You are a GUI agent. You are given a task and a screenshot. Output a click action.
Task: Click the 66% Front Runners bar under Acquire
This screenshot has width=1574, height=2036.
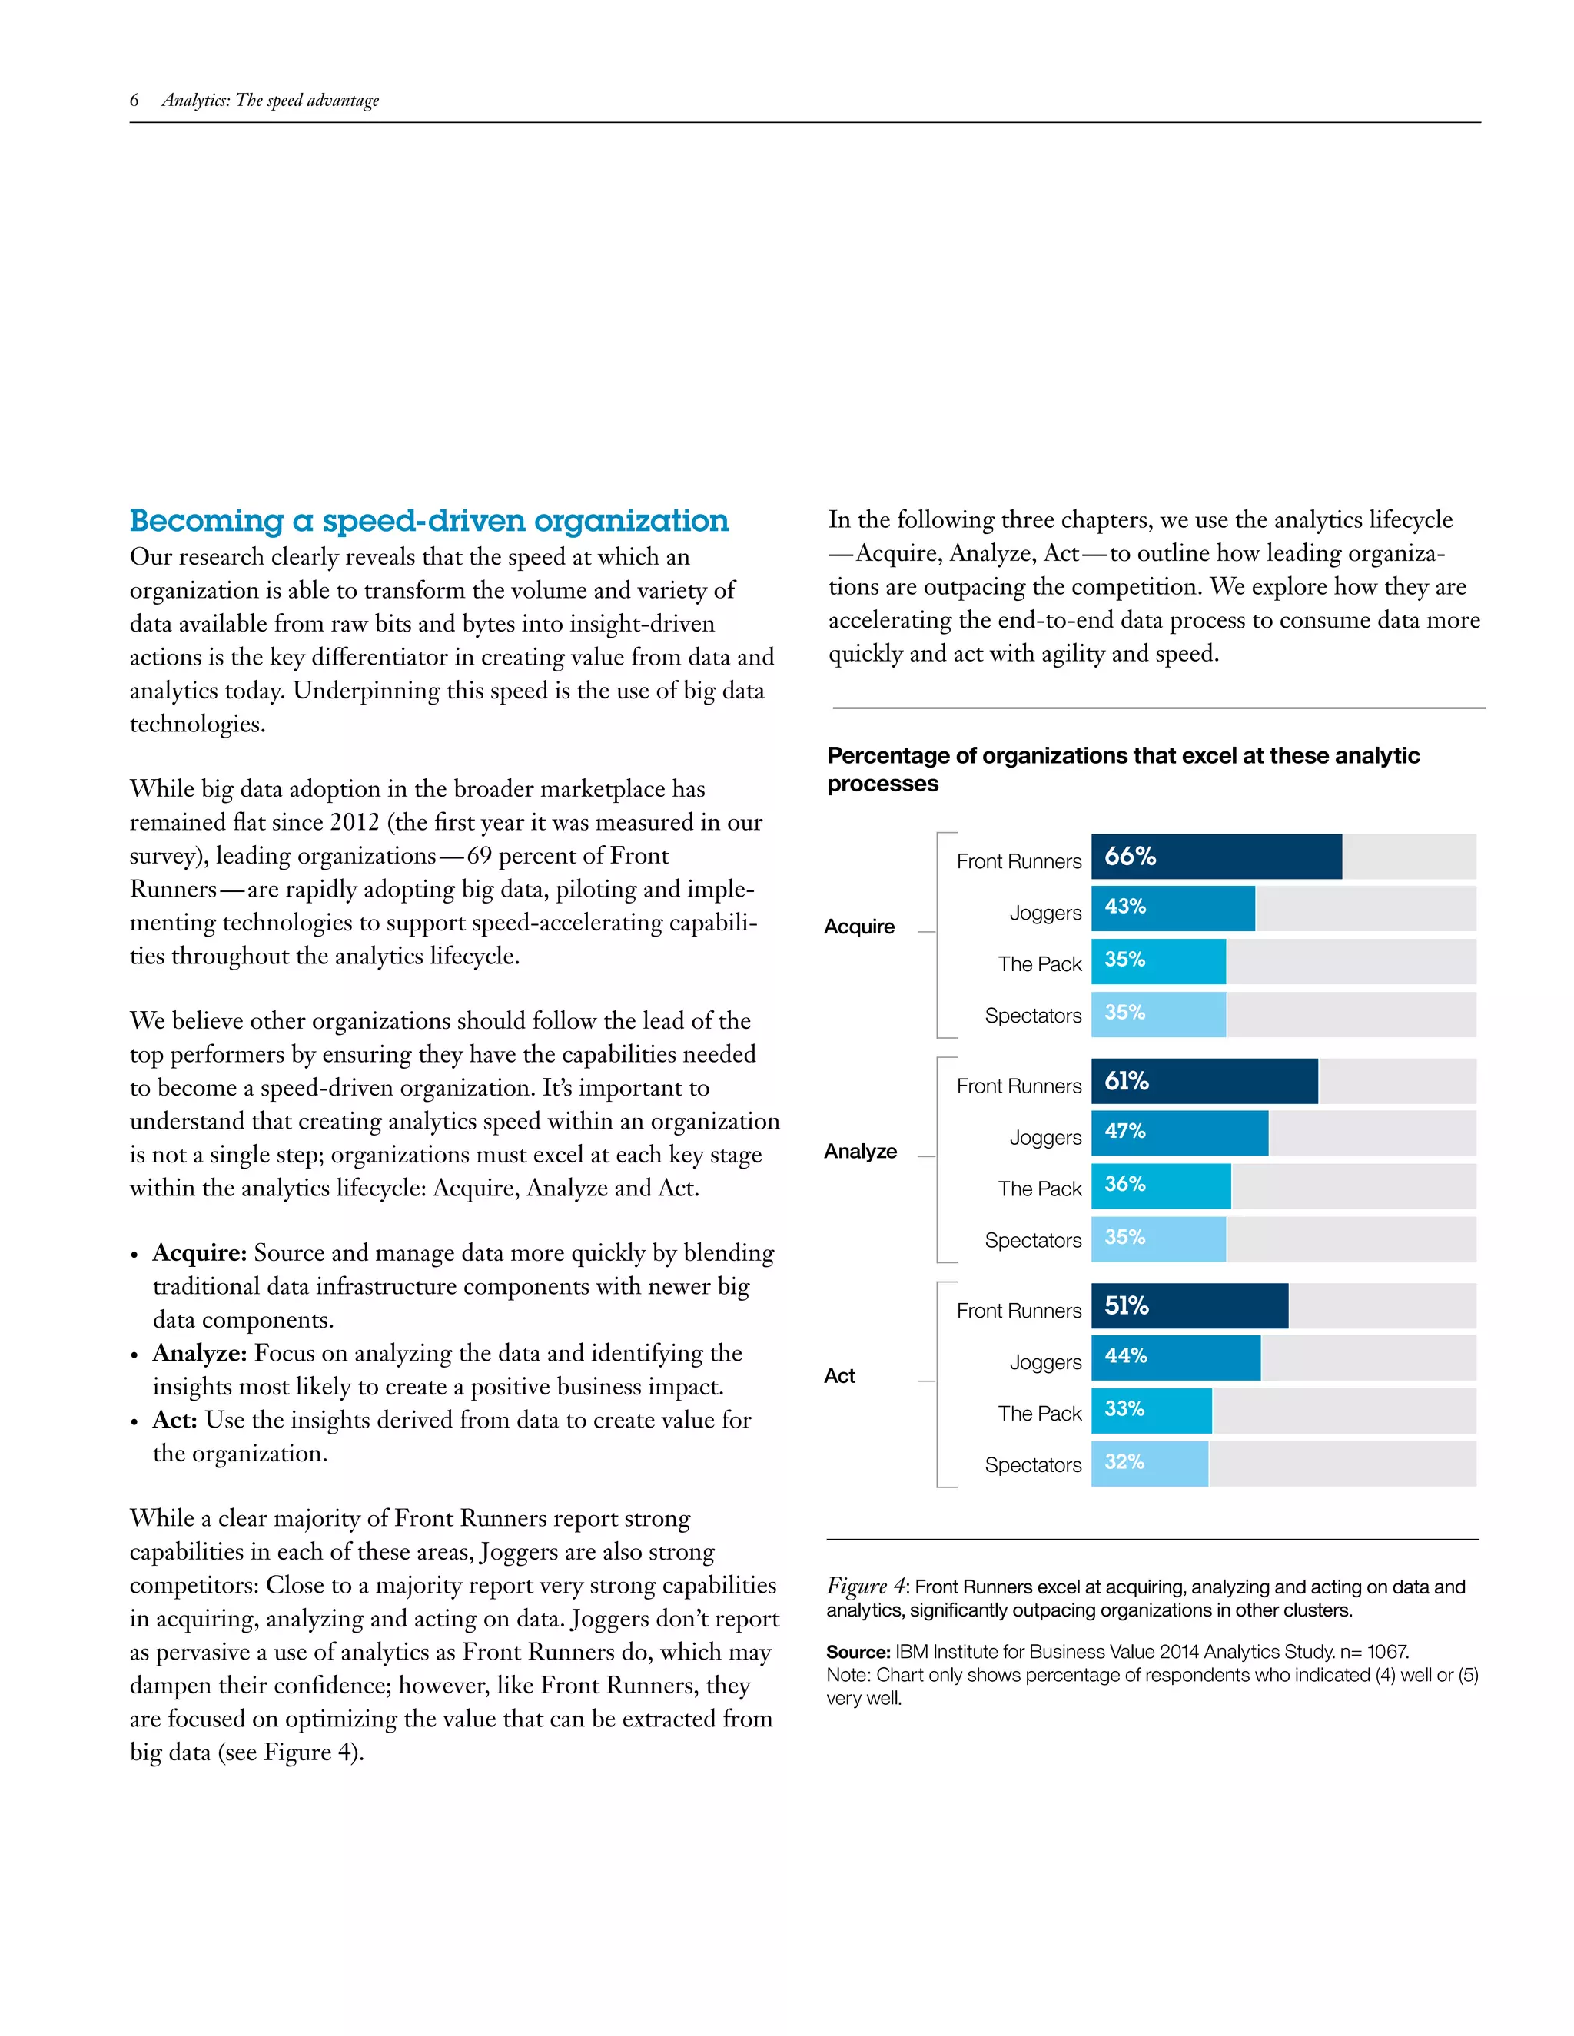[1216, 857]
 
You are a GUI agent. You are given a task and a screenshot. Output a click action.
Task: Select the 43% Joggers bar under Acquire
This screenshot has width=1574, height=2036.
[1172, 909]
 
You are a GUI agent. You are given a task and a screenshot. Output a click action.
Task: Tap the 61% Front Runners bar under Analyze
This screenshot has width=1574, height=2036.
[1204, 1082]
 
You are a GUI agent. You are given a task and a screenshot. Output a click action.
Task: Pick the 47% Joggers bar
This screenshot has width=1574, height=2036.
[1179, 1133]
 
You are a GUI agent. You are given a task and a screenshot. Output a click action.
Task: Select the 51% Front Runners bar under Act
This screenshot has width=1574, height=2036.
[1189, 1306]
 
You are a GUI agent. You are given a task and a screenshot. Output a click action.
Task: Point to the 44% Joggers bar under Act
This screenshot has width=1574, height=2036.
[1175, 1358]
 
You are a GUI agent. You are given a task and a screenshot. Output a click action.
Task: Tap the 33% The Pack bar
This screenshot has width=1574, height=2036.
[1151, 1411]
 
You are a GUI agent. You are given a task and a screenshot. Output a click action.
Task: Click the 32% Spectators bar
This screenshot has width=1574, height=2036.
[1149, 1464]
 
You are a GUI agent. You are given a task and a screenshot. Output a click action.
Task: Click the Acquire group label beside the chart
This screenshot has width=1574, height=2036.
[858, 927]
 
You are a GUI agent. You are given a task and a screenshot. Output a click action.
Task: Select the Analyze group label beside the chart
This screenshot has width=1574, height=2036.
[860, 1152]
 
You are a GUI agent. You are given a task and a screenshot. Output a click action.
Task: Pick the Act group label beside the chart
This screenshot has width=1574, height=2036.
[839, 1376]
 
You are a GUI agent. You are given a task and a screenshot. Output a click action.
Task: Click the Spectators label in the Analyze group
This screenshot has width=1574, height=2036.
[1032, 1241]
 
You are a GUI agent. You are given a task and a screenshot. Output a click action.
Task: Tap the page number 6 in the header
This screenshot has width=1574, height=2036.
[134, 100]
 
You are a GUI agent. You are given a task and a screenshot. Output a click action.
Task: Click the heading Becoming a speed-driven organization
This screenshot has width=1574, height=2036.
[429, 520]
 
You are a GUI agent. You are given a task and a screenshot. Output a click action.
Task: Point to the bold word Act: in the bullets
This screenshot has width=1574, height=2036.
[174, 1420]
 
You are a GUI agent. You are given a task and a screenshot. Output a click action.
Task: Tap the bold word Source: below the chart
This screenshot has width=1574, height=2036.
[858, 1652]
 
